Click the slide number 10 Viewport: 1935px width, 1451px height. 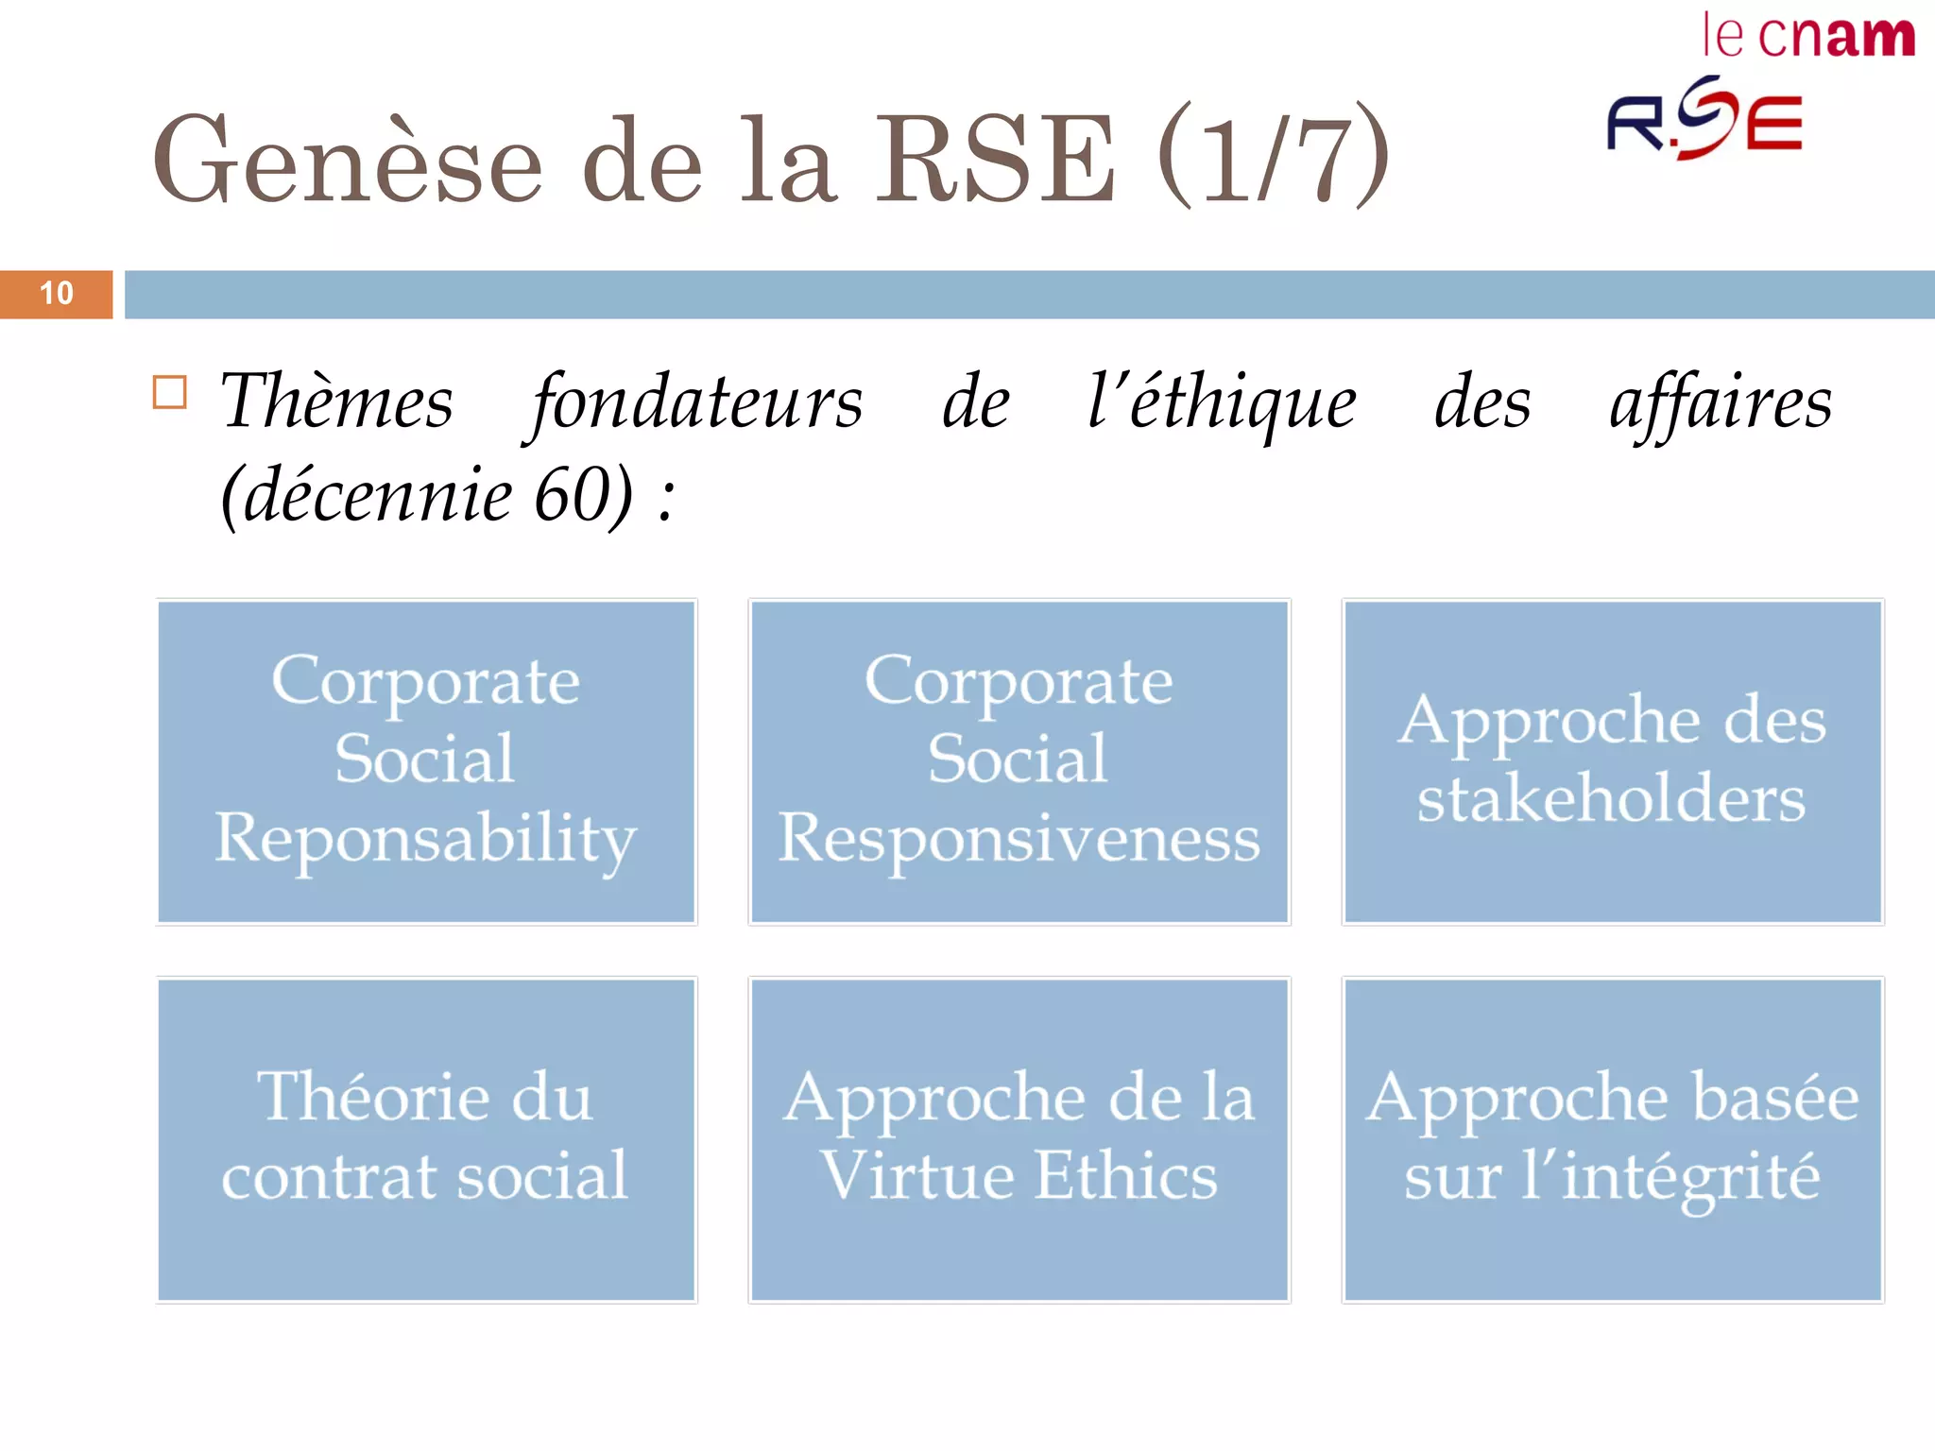point(57,294)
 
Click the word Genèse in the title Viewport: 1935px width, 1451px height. point(347,161)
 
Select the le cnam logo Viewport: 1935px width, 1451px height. point(1807,37)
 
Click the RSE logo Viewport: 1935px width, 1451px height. point(1704,121)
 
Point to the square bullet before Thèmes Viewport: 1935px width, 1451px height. point(170,392)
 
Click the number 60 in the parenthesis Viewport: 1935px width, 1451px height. point(572,495)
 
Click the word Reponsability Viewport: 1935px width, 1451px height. point(426,839)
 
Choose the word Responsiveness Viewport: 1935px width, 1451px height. point(1019,839)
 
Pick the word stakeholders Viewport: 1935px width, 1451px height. point(1611,799)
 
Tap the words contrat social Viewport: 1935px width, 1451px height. point(425,1176)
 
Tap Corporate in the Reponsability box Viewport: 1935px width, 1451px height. point(425,681)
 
